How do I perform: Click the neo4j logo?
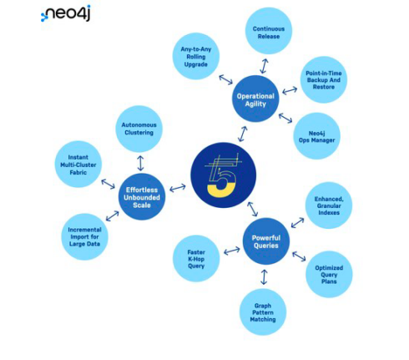(x=66, y=13)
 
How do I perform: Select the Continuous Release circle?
(x=269, y=31)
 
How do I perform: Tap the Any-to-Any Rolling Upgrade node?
(x=196, y=56)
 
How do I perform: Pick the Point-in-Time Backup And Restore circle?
(x=324, y=79)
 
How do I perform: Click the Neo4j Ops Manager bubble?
(x=316, y=136)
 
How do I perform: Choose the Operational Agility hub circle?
(x=255, y=99)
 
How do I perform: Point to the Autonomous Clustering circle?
(x=139, y=129)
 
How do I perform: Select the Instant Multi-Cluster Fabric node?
(x=78, y=165)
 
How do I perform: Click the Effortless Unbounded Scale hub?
(x=142, y=197)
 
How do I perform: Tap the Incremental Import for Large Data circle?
(x=84, y=236)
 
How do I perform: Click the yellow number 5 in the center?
(x=222, y=181)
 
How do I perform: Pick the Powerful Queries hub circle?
(x=266, y=241)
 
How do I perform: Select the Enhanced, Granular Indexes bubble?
(x=329, y=205)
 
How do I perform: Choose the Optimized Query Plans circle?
(x=329, y=274)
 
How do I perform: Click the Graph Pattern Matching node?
(x=263, y=312)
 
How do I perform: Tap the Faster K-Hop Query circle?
(x=196, y=259)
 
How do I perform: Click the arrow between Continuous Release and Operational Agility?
(x=264, y=66)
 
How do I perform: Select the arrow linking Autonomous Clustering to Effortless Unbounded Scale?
(x=140, y=163)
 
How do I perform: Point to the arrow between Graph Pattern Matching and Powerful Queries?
(x=264, y=277)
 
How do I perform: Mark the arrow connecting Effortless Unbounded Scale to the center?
(x=178, y=188)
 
